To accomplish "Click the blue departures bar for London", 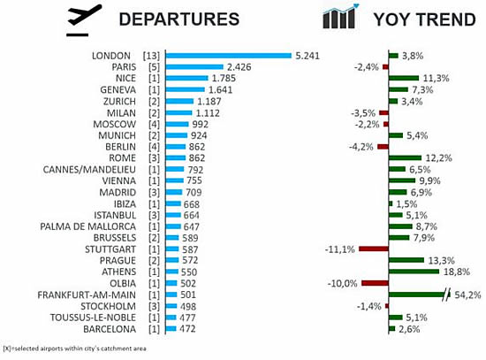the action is pos(229,56).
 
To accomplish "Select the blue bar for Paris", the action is pos(194,66).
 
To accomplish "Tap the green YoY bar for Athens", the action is pos(414,272).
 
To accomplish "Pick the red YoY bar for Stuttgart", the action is pos(374,249).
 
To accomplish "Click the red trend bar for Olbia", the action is pos(375,283).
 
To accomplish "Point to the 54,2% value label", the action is pos(467,295).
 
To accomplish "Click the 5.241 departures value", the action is pos(308,56).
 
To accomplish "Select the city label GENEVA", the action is pos(118,89).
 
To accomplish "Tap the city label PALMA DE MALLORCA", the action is pos(88,226).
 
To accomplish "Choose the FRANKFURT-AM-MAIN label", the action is pos(87,295).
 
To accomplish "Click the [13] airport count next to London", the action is pos(151,56).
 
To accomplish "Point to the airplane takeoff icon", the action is pos(84,19).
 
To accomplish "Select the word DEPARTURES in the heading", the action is pos(179,19).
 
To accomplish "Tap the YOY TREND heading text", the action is pos(425,19).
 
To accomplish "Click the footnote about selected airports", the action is pos(74,349).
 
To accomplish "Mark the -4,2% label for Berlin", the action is pos(361,147).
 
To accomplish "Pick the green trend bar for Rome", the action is pos(405,158).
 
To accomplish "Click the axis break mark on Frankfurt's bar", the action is pos(447,295).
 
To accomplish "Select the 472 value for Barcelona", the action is pos(187,329).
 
